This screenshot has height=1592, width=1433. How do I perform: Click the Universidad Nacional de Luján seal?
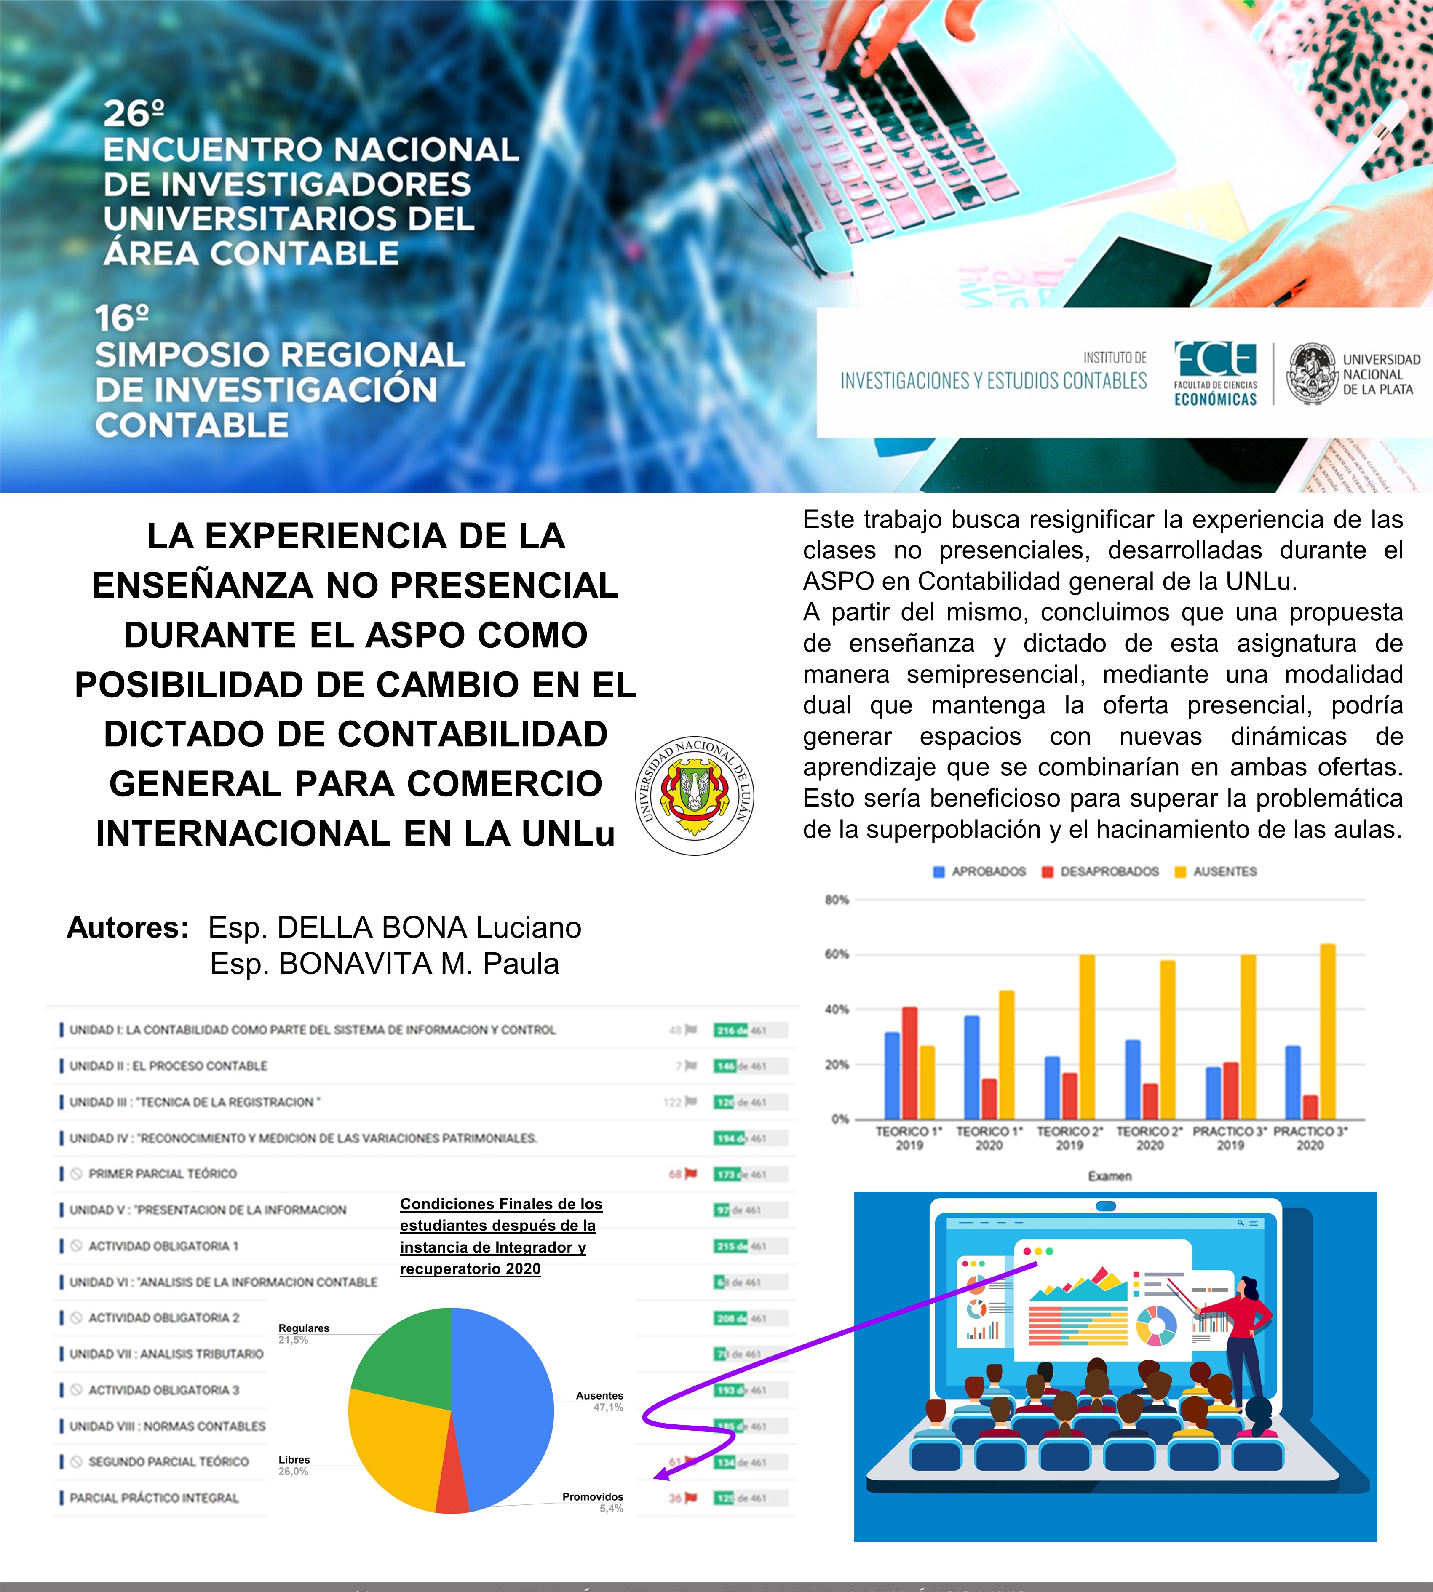click(695, 796)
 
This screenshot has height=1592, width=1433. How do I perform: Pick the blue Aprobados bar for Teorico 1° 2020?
click(972, 1067)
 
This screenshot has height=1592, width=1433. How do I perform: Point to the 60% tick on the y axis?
click(836, 954)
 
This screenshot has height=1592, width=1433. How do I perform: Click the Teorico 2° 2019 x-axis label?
click(1069, 1138)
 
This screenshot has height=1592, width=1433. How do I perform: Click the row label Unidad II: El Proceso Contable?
click(168, 1066)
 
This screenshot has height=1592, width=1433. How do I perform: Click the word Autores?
click(128, 927)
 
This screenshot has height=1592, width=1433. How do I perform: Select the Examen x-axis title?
click(1110, 1175)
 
